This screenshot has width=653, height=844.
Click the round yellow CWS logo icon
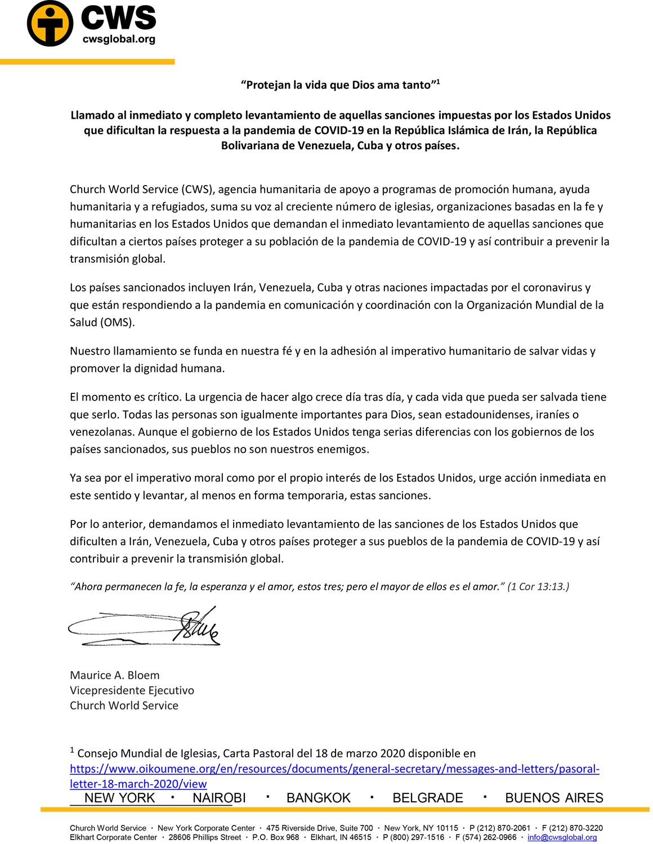[x=50, y=24]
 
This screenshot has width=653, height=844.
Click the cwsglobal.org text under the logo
[x=119, y=39]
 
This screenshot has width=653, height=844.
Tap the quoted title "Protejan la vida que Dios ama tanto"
[x=338, y=85]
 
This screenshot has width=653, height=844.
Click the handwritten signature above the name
[x=144, y=626]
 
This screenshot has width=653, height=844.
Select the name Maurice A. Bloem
[x=115, y=675]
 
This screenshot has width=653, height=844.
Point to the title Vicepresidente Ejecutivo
[x=132, y=690]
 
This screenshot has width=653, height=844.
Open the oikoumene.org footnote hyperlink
[x=334, y=769]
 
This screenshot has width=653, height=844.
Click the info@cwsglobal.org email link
[x=562, y=837]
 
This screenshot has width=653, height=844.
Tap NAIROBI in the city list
[x=219, y=798]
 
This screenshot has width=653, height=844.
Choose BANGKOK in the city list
[x=319, y=798]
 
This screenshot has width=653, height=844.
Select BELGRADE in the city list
[x=428, y=798]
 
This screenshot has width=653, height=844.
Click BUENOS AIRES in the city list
[x=554, y=798]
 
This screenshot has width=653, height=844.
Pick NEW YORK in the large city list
[x=119, y=798]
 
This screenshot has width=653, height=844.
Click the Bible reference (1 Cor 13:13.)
[x=538, y=586]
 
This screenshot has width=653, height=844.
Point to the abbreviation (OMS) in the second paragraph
[x=118, y=322]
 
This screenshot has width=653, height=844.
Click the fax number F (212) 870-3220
[x=572, y=828]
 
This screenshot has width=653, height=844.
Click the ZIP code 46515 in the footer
[x=360, y=837]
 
